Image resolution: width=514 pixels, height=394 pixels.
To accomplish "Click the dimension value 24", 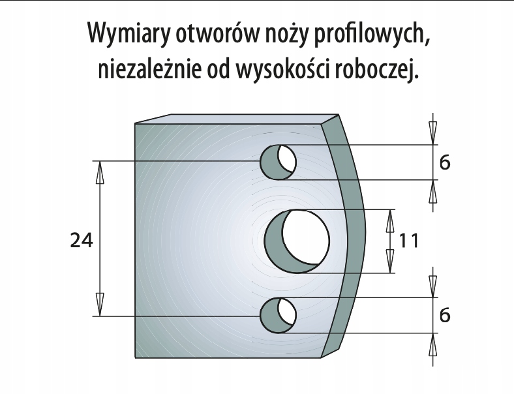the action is pos(82,241).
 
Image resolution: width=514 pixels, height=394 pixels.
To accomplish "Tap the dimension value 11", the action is pos(409,241).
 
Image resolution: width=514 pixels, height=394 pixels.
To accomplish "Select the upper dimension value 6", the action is pos(445,162).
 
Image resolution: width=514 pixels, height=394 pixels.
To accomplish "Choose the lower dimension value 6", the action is pos(445,316).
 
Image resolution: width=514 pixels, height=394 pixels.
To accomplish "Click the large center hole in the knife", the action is pos(297,241).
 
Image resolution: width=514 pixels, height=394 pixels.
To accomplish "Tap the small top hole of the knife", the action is pos(279,161).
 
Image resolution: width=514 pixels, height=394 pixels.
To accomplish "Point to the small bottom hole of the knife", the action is pos(279,315).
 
